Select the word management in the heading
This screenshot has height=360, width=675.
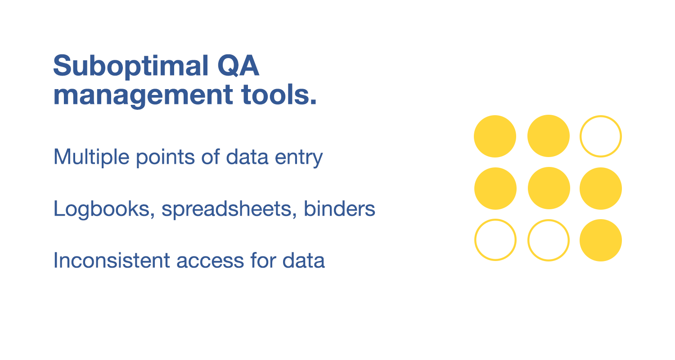tap(139, 96)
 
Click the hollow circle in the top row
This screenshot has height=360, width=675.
tap(600, 136)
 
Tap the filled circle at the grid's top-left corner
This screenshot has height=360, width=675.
tap(495, 136)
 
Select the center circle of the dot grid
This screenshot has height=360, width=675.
tap(548, 188)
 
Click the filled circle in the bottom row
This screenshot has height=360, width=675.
tap(600, 240)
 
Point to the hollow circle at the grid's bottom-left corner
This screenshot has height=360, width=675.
tap(495, 240)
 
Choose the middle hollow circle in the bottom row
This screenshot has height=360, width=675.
tap(548, 240)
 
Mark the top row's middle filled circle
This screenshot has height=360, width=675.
tap(548, 136)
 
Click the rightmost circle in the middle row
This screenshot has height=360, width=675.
tap(600, 188)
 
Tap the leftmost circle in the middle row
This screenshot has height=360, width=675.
tap(495, 188)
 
